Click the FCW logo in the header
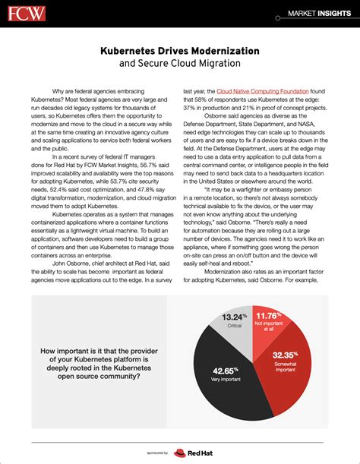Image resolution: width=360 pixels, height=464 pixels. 25,13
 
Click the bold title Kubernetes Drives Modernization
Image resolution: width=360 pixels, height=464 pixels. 179,50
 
